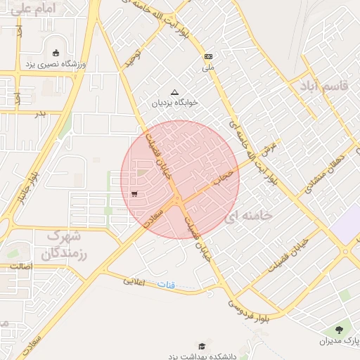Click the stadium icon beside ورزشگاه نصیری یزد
(x=56, y=52)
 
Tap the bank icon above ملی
(x=208, y=56)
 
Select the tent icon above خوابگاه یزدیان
(x=175, y=91)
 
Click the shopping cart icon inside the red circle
(x=134, y=194)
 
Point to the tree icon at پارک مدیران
(x=340, y=329)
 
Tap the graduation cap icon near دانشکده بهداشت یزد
(x=202, y=346)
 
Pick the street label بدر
(x=40, y=113)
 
